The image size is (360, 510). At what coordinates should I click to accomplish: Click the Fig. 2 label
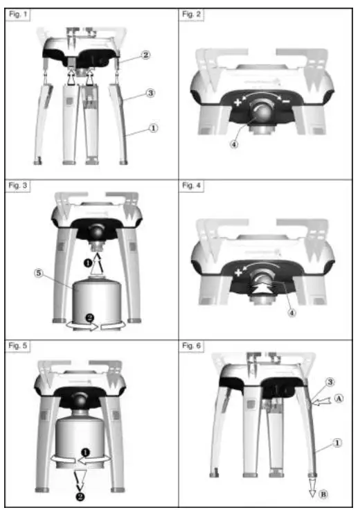pyautogui.click(x=192, y=15)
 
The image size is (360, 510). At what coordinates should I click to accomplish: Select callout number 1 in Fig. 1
pyautogui.click(x=154, y=127)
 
